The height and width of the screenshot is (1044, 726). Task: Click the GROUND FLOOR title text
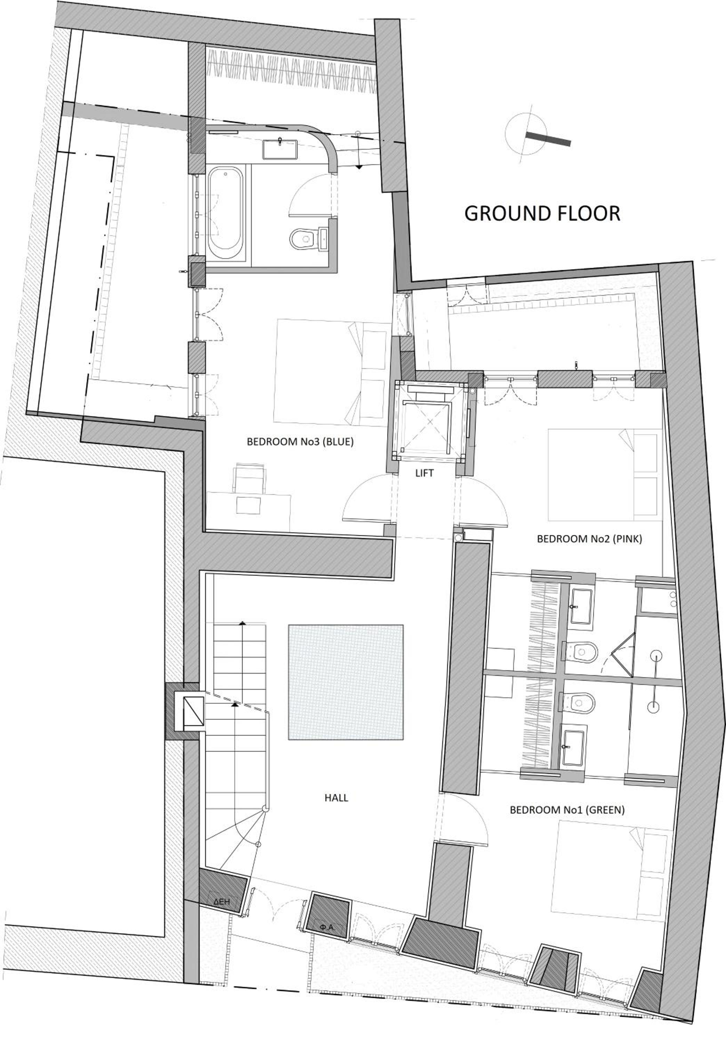click(542, 213)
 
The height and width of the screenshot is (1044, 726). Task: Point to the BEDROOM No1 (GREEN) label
click(567, 810)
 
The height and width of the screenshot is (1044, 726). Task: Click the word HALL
click(337, 798)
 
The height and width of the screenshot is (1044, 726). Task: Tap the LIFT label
click(424, 473)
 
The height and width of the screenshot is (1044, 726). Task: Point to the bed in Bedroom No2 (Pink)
click(604, 475)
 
